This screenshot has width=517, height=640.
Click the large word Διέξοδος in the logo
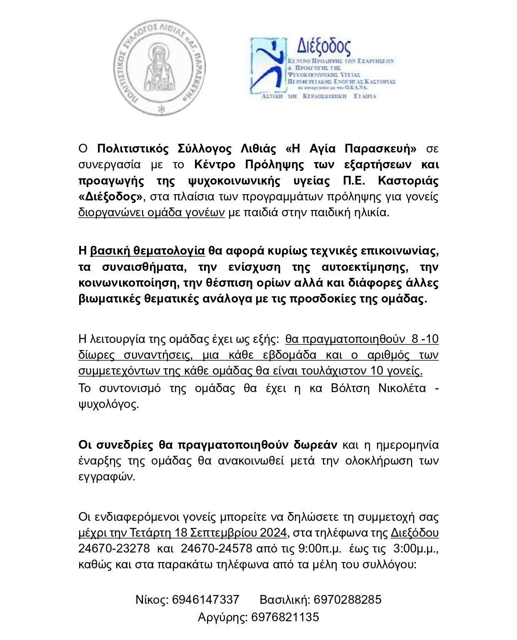[323, 46]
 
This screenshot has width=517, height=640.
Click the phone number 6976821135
[285, 617]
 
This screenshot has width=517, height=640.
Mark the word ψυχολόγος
[108, 404]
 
